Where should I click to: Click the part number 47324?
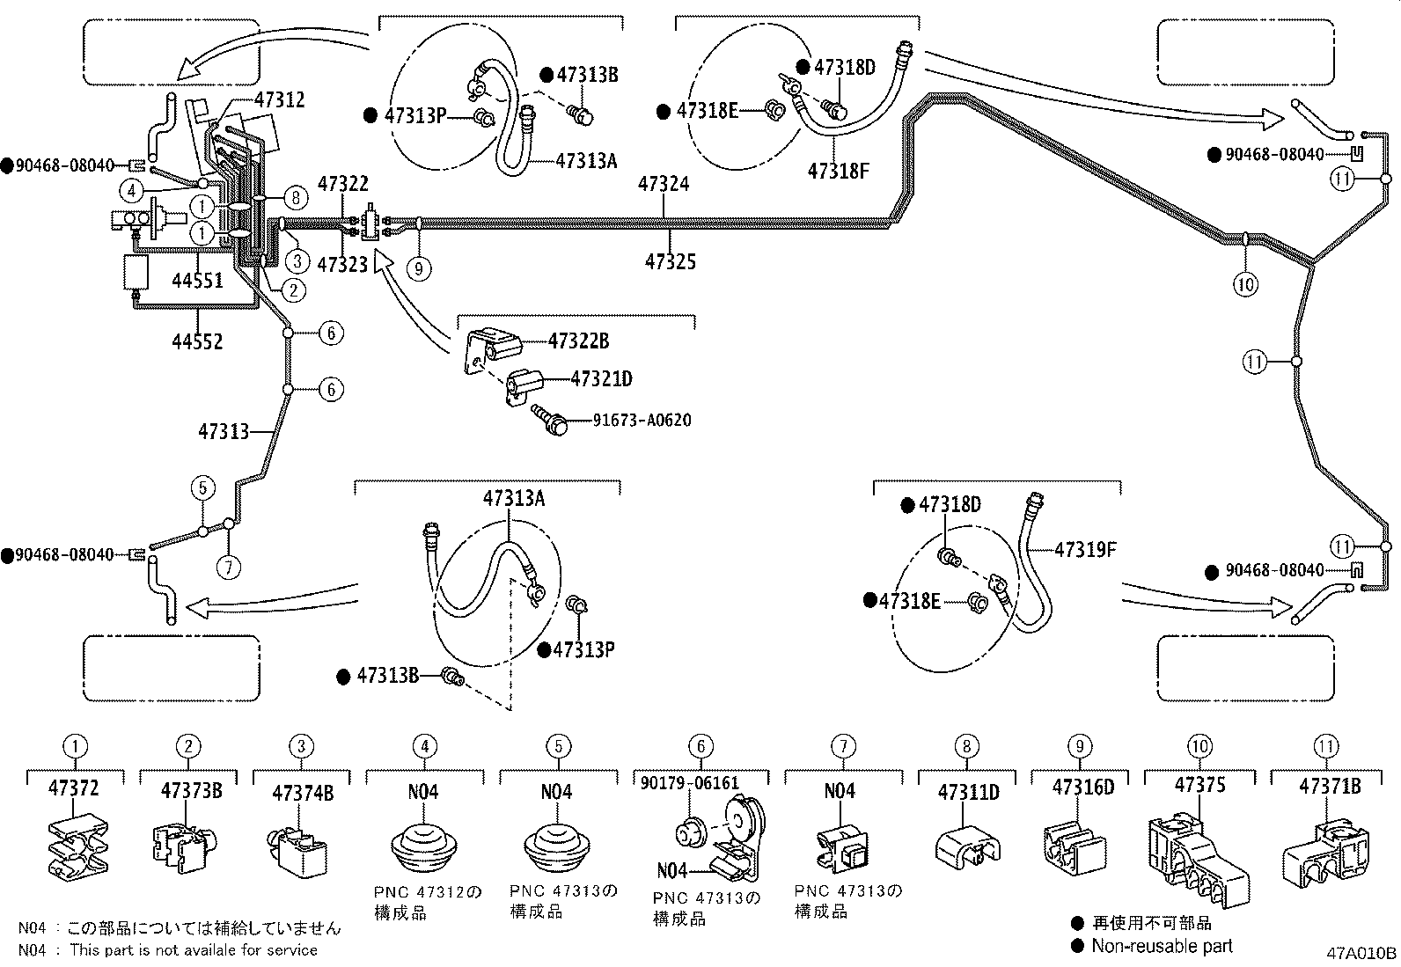coord(664,184)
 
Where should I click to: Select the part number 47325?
coord(671,261)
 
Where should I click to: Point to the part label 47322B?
coord(578,341)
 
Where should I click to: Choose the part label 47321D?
coord(601,379)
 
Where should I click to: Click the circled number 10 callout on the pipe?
coord(1246,283)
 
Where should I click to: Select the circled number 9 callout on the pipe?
coord(420,267)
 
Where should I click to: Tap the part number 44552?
coord(197,341)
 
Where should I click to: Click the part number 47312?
coord(280,99)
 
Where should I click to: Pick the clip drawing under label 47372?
coord(76,846)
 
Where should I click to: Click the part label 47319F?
coord(1085,550)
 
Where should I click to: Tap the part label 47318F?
coord(838,171)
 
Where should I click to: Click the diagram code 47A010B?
coord(1361,953)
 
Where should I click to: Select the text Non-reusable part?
coord(1162,946)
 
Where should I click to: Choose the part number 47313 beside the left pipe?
coord(223,431)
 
